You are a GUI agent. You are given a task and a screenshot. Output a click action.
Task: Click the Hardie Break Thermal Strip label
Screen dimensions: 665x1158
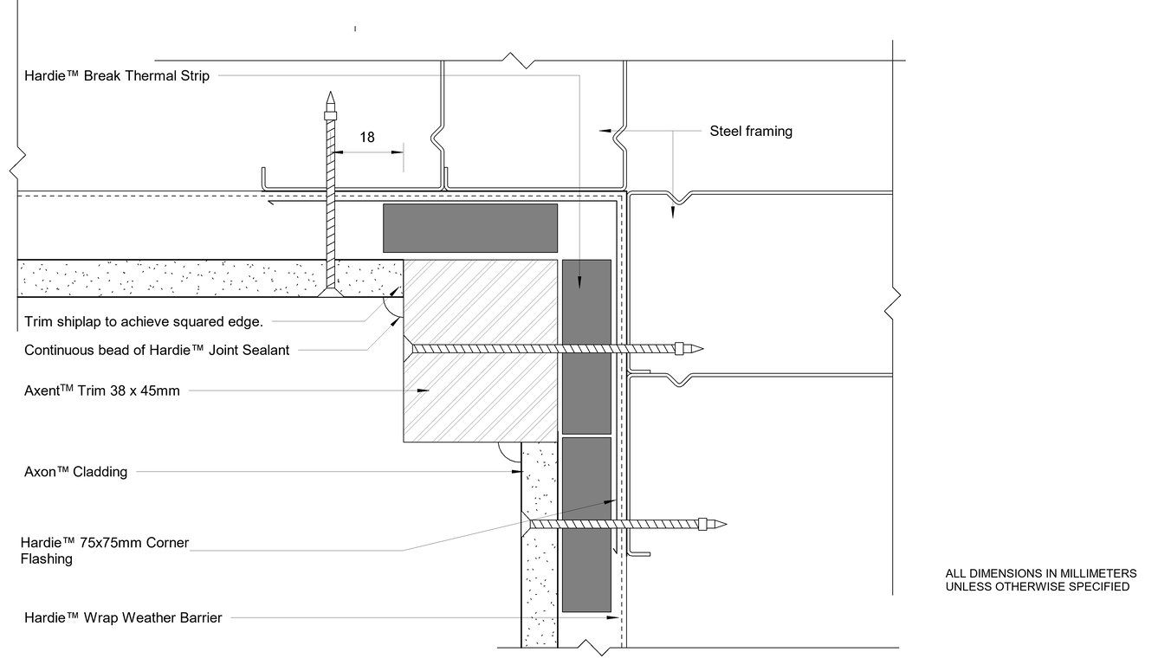point(116,75)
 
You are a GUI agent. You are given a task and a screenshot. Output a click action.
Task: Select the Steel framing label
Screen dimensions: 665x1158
point(750,132)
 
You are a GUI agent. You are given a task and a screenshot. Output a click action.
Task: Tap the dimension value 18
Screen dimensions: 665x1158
point(367,137)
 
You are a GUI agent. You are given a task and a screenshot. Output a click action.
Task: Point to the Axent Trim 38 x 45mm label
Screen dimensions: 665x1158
point(102,391)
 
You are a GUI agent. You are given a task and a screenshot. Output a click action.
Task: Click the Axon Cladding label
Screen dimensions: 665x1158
point(76,472)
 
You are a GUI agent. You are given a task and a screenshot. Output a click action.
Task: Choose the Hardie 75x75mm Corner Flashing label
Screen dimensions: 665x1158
point(104,551)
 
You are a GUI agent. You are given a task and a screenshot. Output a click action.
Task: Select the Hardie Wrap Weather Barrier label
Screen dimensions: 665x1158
point(123,617)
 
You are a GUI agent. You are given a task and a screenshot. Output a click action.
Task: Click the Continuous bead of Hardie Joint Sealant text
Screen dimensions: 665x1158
point(157,350)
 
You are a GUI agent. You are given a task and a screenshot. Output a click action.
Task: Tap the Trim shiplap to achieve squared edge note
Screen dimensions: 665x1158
point(143,322)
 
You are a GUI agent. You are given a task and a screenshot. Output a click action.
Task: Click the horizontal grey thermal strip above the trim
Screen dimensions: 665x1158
point(469,228)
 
